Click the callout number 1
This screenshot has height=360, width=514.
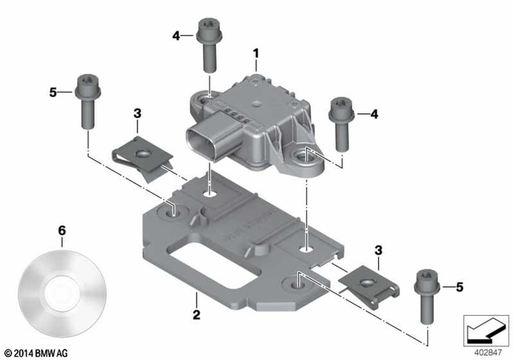click(255, 54)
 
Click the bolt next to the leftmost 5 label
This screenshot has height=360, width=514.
click(85, 100)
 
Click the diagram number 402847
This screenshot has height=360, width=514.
click(484, 350)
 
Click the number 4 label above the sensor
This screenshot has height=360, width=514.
click(176, 35)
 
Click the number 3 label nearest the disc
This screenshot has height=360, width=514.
click(137, 115)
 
